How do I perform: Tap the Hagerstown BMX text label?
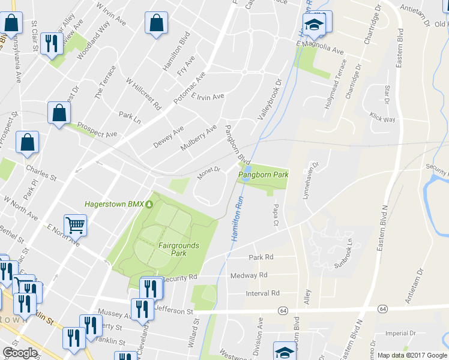(x=114, y=204)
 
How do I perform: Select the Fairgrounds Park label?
(x=181, y=249)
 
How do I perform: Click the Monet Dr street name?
(x=209, y=173)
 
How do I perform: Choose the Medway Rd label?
(x=249, y=275)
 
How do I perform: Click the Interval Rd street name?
(x=263, y=293)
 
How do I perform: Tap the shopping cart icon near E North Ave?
(x=76, y=225)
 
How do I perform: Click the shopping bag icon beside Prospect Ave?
(x=59, y=113)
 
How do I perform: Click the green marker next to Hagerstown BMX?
(x=149, y=204)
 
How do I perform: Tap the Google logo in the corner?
(x=20, y=353)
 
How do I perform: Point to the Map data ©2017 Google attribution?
(x=412, y=355)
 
